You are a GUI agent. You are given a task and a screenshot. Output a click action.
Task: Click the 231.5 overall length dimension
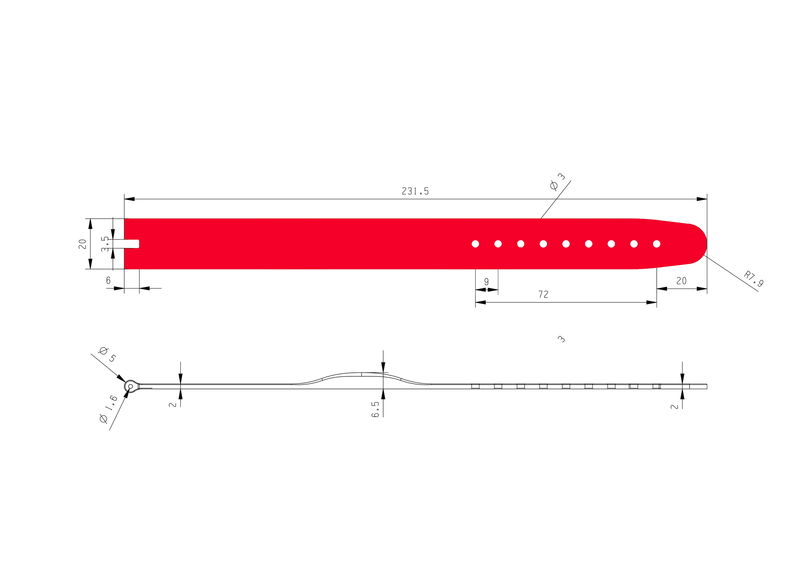pos(415,191)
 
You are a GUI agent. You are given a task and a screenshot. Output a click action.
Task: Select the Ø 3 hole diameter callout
pos(557,181)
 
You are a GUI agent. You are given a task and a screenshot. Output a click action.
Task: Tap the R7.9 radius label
pos(754,279)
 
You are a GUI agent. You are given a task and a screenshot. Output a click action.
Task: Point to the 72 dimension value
pos(543,294)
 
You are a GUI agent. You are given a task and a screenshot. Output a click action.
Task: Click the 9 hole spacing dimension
pos(486,281)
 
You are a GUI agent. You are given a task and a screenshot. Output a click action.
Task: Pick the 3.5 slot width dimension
pos(105,244)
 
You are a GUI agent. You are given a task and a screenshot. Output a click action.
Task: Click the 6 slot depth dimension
pos(108,280)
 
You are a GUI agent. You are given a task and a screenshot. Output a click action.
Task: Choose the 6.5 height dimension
pos(376,409)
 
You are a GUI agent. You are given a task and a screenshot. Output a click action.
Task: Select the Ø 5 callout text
pos(108,354)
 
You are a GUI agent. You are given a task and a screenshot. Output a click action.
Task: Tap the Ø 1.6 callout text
pos(108,409)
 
